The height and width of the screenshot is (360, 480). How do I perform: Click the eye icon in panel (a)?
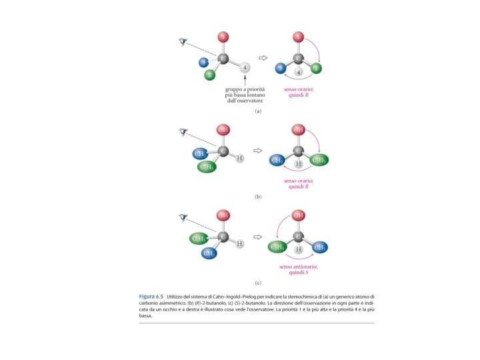click(184, 42)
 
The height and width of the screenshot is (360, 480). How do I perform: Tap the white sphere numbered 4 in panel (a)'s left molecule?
click(245, 67)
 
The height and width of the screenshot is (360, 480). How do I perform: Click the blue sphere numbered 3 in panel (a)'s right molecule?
click(281, 68)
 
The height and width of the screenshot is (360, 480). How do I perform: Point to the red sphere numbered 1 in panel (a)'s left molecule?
click(223, 36)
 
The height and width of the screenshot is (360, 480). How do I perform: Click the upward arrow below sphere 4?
click(245, 81)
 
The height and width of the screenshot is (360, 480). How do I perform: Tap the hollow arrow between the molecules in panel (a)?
click(263, 59)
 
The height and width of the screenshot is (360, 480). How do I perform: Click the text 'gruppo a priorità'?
click(245, 89)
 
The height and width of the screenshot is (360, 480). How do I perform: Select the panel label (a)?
click(258, 111)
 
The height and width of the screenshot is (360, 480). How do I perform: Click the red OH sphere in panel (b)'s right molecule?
click(299, 129)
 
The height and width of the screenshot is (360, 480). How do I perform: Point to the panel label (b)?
click(258, 197)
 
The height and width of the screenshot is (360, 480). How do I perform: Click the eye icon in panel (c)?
click(184, 217)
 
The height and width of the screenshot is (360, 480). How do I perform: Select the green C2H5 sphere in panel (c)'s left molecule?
click(199, 238)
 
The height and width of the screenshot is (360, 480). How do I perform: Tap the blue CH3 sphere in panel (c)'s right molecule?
click(320, 247)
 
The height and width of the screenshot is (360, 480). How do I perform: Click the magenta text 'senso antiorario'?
click(298, 267)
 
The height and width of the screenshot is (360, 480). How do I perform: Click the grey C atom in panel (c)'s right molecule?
click(299, 237)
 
